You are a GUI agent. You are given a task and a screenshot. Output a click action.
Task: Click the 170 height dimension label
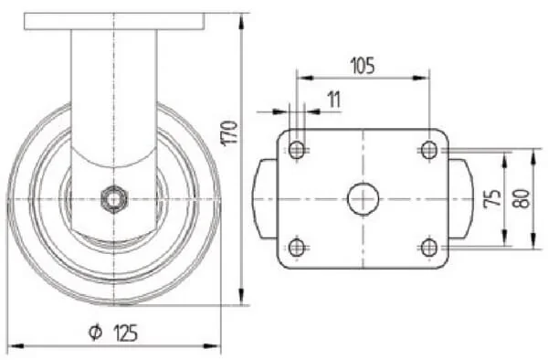[229, 132]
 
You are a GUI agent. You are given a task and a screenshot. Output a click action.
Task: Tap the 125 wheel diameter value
[125, 333]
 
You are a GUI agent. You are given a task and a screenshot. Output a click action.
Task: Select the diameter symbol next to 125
[95, 333]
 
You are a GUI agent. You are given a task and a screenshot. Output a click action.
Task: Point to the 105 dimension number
[363, 66]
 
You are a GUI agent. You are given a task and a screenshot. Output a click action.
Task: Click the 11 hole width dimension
[333, 100]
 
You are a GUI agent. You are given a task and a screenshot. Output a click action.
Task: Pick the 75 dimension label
[492, 199]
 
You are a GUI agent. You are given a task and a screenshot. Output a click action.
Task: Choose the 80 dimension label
[522, 199]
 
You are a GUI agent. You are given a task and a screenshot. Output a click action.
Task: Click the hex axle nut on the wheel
[114, 199]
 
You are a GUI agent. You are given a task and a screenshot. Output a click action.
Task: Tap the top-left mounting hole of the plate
[297, 150]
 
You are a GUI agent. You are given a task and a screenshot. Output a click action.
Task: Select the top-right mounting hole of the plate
[429, 150]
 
